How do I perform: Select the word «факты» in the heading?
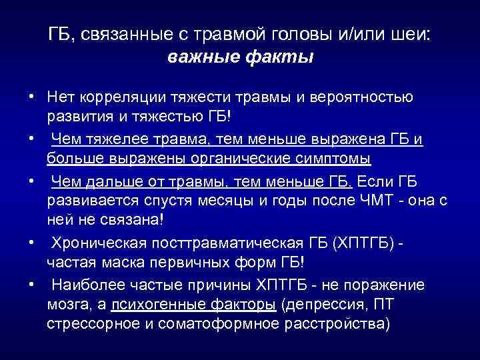279,58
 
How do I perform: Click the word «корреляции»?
117,97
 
